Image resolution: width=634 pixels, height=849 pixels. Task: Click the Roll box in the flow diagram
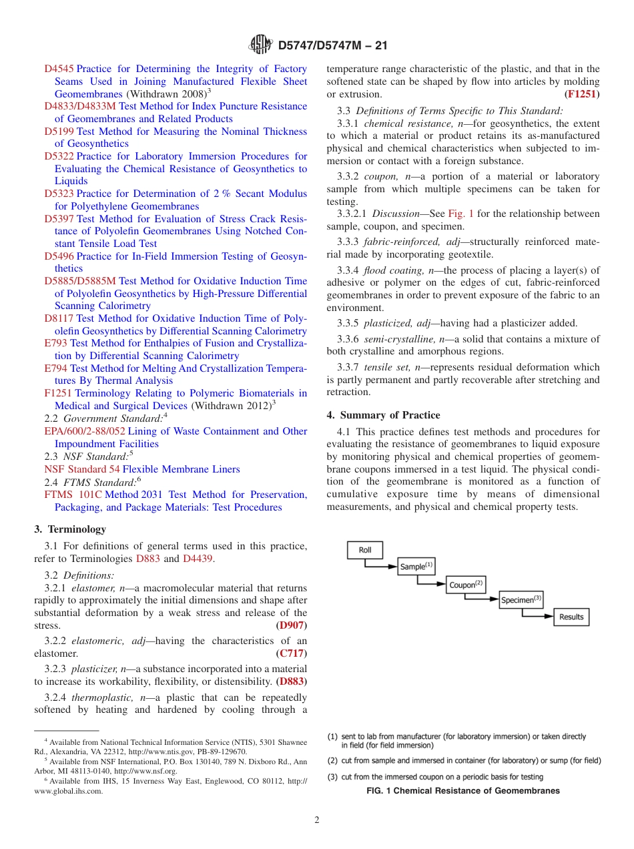[x=365, y=550]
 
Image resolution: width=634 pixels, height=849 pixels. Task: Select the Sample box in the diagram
[x=416, y=567]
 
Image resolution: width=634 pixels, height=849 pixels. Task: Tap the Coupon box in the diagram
[x=466, y=584]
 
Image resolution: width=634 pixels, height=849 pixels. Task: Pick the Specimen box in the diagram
[x=521, y=599]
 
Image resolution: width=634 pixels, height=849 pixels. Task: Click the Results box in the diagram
[x=571, y=617]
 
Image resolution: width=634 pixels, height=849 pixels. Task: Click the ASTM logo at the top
[x=260, y=45]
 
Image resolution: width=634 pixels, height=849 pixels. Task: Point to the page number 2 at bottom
[x=317, y=820]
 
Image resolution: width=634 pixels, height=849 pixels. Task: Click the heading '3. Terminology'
[x=70, y=529]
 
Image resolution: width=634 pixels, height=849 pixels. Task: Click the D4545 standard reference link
[x=59, y=69]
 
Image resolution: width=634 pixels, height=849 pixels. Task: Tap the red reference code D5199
[x=59, y=131]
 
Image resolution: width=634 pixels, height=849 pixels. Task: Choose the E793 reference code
[x=55, y=343]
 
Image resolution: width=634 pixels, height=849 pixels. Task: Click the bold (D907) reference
[x=292, y=626]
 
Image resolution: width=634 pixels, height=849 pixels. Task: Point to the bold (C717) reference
[x=292, y=654]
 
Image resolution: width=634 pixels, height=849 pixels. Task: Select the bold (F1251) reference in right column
[x=582, y=94]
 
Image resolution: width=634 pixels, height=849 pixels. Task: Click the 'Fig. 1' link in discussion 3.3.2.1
[x=460, y=214]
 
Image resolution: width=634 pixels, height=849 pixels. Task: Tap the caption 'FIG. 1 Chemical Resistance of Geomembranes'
[x=463, y=791]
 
